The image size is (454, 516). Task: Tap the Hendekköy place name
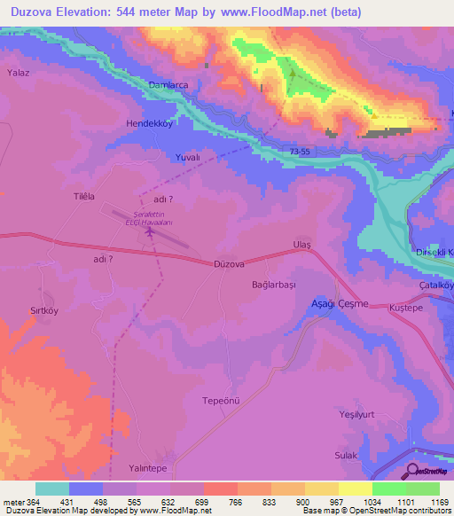(x=148, y=124)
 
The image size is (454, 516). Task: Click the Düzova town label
(x=230, y=263)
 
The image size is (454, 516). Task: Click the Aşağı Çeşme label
(x=338, y=303)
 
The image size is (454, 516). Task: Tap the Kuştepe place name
(x=408, y=307)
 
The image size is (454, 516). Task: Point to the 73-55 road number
(x=300, y=152)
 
